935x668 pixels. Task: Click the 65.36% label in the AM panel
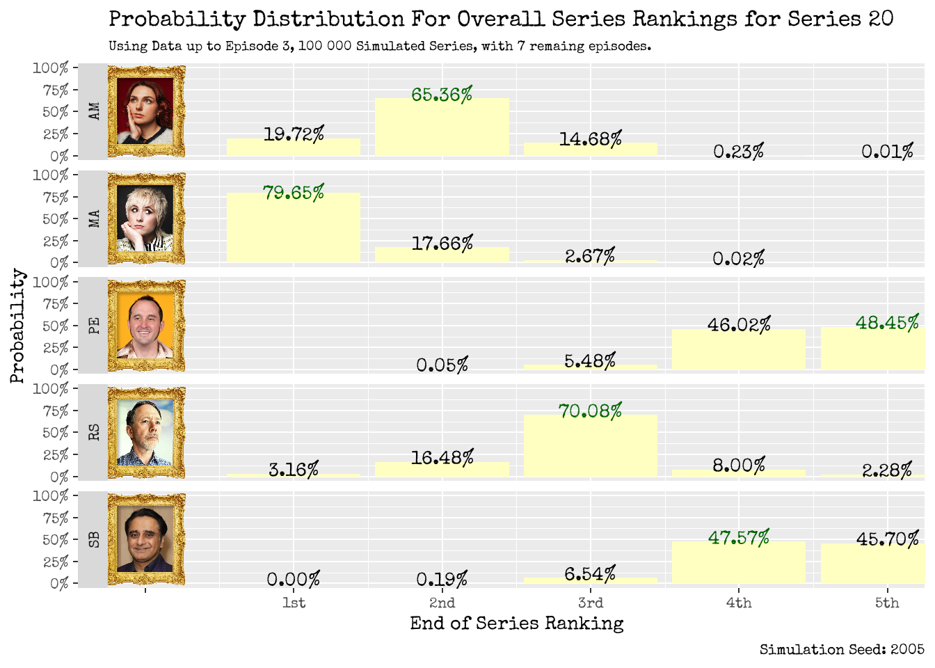click(x=442, y=95)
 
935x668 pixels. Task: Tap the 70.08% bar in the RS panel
click(x=590, y=446)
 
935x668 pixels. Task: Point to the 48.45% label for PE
click(x=887, y=323)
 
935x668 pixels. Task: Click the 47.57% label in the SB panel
click(x=738, y=538)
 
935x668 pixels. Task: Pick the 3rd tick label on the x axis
click(x=590, y=603)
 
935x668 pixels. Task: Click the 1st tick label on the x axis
click(x=293, y=603)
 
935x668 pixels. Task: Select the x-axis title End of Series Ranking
click(x=516, y=623)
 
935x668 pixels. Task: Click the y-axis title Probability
click(x=17, y=326)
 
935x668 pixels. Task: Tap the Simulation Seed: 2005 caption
click(x=841, y=650)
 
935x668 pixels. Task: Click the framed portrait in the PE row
click(x=146, y=326)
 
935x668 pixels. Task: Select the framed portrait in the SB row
click(x=146, y=539)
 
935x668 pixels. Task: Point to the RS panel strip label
click(x=94, y=432)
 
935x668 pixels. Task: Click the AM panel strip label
click(x=94, y=111)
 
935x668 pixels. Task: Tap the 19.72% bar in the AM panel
click(x=293, y=148)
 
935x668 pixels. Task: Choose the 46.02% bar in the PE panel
click(x=738, y=349)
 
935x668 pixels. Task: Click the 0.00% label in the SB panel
click(x=293, y=580)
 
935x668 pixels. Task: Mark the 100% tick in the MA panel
click(x=50, y=175)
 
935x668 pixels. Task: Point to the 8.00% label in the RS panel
click(x=738, y=465)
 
